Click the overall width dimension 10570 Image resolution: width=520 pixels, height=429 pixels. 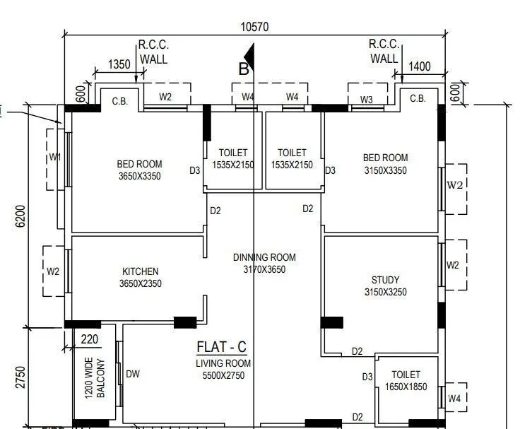254,27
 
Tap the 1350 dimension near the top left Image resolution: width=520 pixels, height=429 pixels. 119,64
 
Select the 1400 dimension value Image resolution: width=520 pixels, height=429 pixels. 419,66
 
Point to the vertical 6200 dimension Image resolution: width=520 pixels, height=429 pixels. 20,216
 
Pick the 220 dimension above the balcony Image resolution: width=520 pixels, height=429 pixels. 90,339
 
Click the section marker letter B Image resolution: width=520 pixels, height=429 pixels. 244,69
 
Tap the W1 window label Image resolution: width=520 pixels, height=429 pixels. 55,157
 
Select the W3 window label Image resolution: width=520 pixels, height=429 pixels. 366,100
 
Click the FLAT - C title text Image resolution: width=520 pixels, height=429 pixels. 221,347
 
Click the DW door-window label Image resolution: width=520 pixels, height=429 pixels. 133,374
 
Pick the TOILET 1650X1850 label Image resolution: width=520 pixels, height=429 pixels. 406,380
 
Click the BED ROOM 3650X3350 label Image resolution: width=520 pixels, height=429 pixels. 139,170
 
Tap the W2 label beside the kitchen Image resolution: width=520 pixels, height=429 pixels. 53,271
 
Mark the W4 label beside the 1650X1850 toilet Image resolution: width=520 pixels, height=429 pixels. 454,399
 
